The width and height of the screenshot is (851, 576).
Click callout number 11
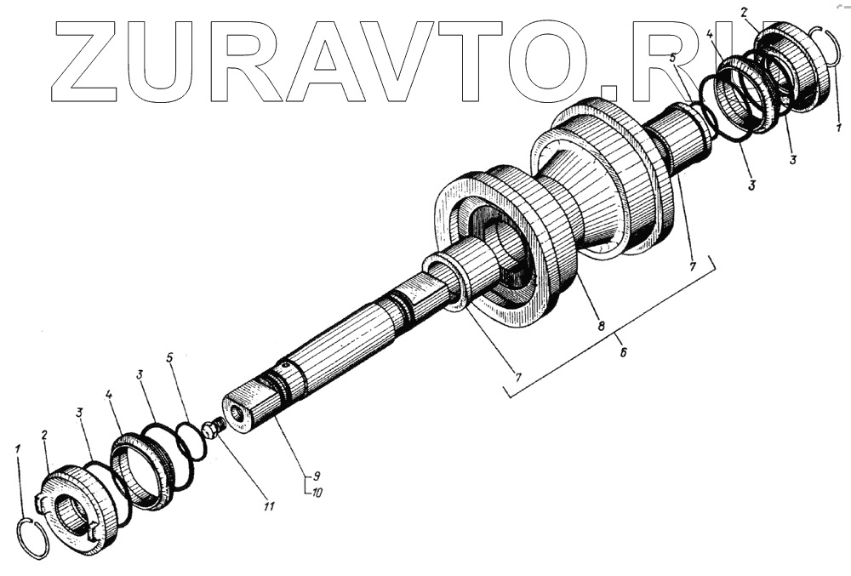[269, 508]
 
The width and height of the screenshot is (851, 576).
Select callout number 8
[601, 327]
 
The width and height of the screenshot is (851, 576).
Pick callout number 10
[317, 492]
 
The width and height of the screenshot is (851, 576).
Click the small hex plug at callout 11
[214, 428]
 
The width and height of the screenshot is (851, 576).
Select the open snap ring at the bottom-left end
[33, 539]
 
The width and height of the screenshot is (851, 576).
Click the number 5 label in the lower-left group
[170, 359]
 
